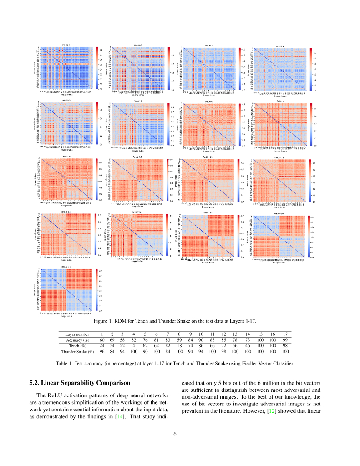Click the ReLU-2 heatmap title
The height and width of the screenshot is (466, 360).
(138, 46)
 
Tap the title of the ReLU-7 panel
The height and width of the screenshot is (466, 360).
(209, 101)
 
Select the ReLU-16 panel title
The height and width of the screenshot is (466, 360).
(279, 213)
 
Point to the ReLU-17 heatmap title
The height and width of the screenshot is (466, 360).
(66, 267)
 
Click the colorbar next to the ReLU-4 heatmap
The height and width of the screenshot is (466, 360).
(311, 69)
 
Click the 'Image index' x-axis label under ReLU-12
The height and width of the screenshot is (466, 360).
(280, 205)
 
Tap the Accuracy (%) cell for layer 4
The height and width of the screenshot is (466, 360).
(134, 340)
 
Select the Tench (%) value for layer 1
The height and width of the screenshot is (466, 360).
(102, 346)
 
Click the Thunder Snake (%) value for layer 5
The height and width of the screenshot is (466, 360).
(145, 352)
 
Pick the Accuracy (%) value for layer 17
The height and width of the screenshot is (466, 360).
(285, 340)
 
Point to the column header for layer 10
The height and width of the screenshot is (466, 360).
(200, 334)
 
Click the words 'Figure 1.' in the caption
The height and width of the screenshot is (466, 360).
(103, 321)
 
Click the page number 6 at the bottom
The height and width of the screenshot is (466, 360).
(175, 434)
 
